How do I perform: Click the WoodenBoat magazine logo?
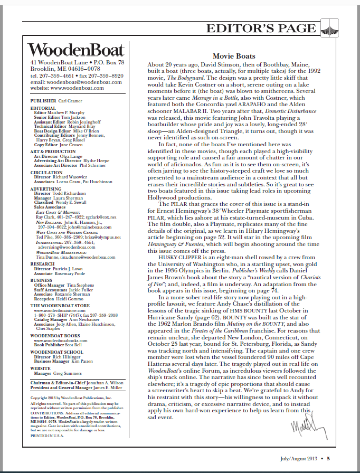[x=77, y=50]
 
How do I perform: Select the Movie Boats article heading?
[x=234, y=56]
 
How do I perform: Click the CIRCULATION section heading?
[x=46, y=172]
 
